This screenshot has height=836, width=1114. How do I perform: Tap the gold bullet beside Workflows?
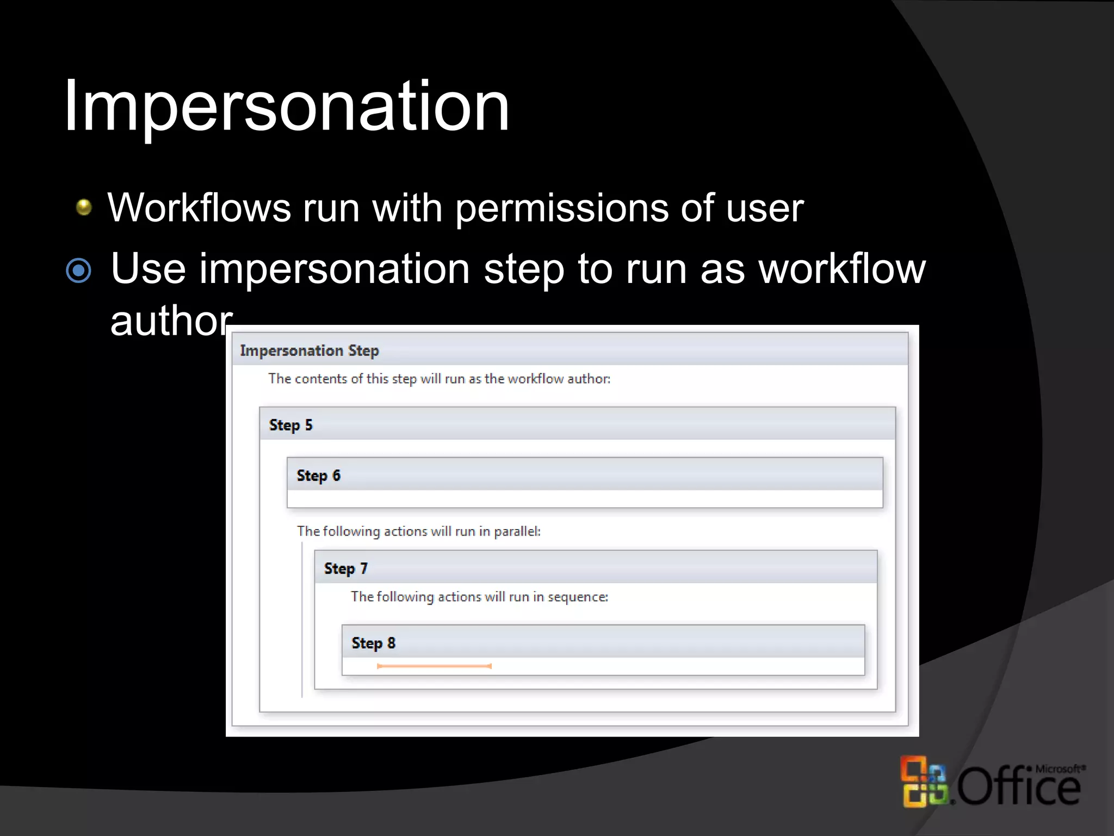click(x=84, y=207)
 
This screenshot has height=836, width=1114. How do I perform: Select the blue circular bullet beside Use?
click(x=79, y=271)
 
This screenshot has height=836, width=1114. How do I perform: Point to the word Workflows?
click(x=199, y=208)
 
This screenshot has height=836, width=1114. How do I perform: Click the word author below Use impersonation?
click(x=171, y=321)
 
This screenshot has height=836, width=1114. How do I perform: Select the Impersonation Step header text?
click(x=309, y=351)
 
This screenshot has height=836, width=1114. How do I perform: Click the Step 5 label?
click(x=290, y=425)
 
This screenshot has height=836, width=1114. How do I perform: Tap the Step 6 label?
click(x=318, y=476)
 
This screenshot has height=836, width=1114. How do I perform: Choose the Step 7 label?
click(x=346, y=569)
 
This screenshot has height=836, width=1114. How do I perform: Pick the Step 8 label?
click(x=373, y=643)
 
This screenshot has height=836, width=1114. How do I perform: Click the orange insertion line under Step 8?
click(x=434, y=666)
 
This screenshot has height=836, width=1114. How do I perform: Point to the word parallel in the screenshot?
click(x=516, y=531)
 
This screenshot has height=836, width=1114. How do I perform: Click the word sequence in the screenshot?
click(x=577, y=597)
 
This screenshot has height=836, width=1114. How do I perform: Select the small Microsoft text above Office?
click(x=1060, y=769)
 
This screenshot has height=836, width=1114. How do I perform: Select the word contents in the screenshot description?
click(x=320, y=379)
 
